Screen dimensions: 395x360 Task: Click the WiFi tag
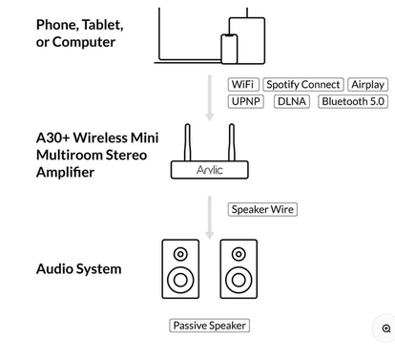click(243, 84)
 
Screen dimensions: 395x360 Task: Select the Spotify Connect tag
click(303, 84)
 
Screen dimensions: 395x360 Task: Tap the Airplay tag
click(368, 84)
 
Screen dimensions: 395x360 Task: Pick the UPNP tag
click(246, 101)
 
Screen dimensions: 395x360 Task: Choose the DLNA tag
click(292, 101)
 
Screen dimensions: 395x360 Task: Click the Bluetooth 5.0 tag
click(353, 101)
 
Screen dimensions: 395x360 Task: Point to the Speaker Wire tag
click(262, 209)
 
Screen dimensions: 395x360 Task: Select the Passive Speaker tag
click(210, 326)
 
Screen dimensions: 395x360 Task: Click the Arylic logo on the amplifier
click(210, 170)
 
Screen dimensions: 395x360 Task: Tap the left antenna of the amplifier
click(188, 142)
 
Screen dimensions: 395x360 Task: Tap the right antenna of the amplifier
click(232, 142)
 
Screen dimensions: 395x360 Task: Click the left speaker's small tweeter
click(180, 254)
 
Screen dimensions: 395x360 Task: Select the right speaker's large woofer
click(239, 281)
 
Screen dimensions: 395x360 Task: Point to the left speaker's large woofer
click(180, 281)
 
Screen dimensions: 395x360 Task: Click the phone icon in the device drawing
click(229, 49)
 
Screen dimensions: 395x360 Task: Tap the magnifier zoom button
click(386, 328)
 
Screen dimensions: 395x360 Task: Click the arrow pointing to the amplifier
click(210, 98)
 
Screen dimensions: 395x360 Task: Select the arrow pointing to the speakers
click(210, 218)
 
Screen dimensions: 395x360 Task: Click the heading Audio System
click(79, 269)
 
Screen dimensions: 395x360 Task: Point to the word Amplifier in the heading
click(65, 172)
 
